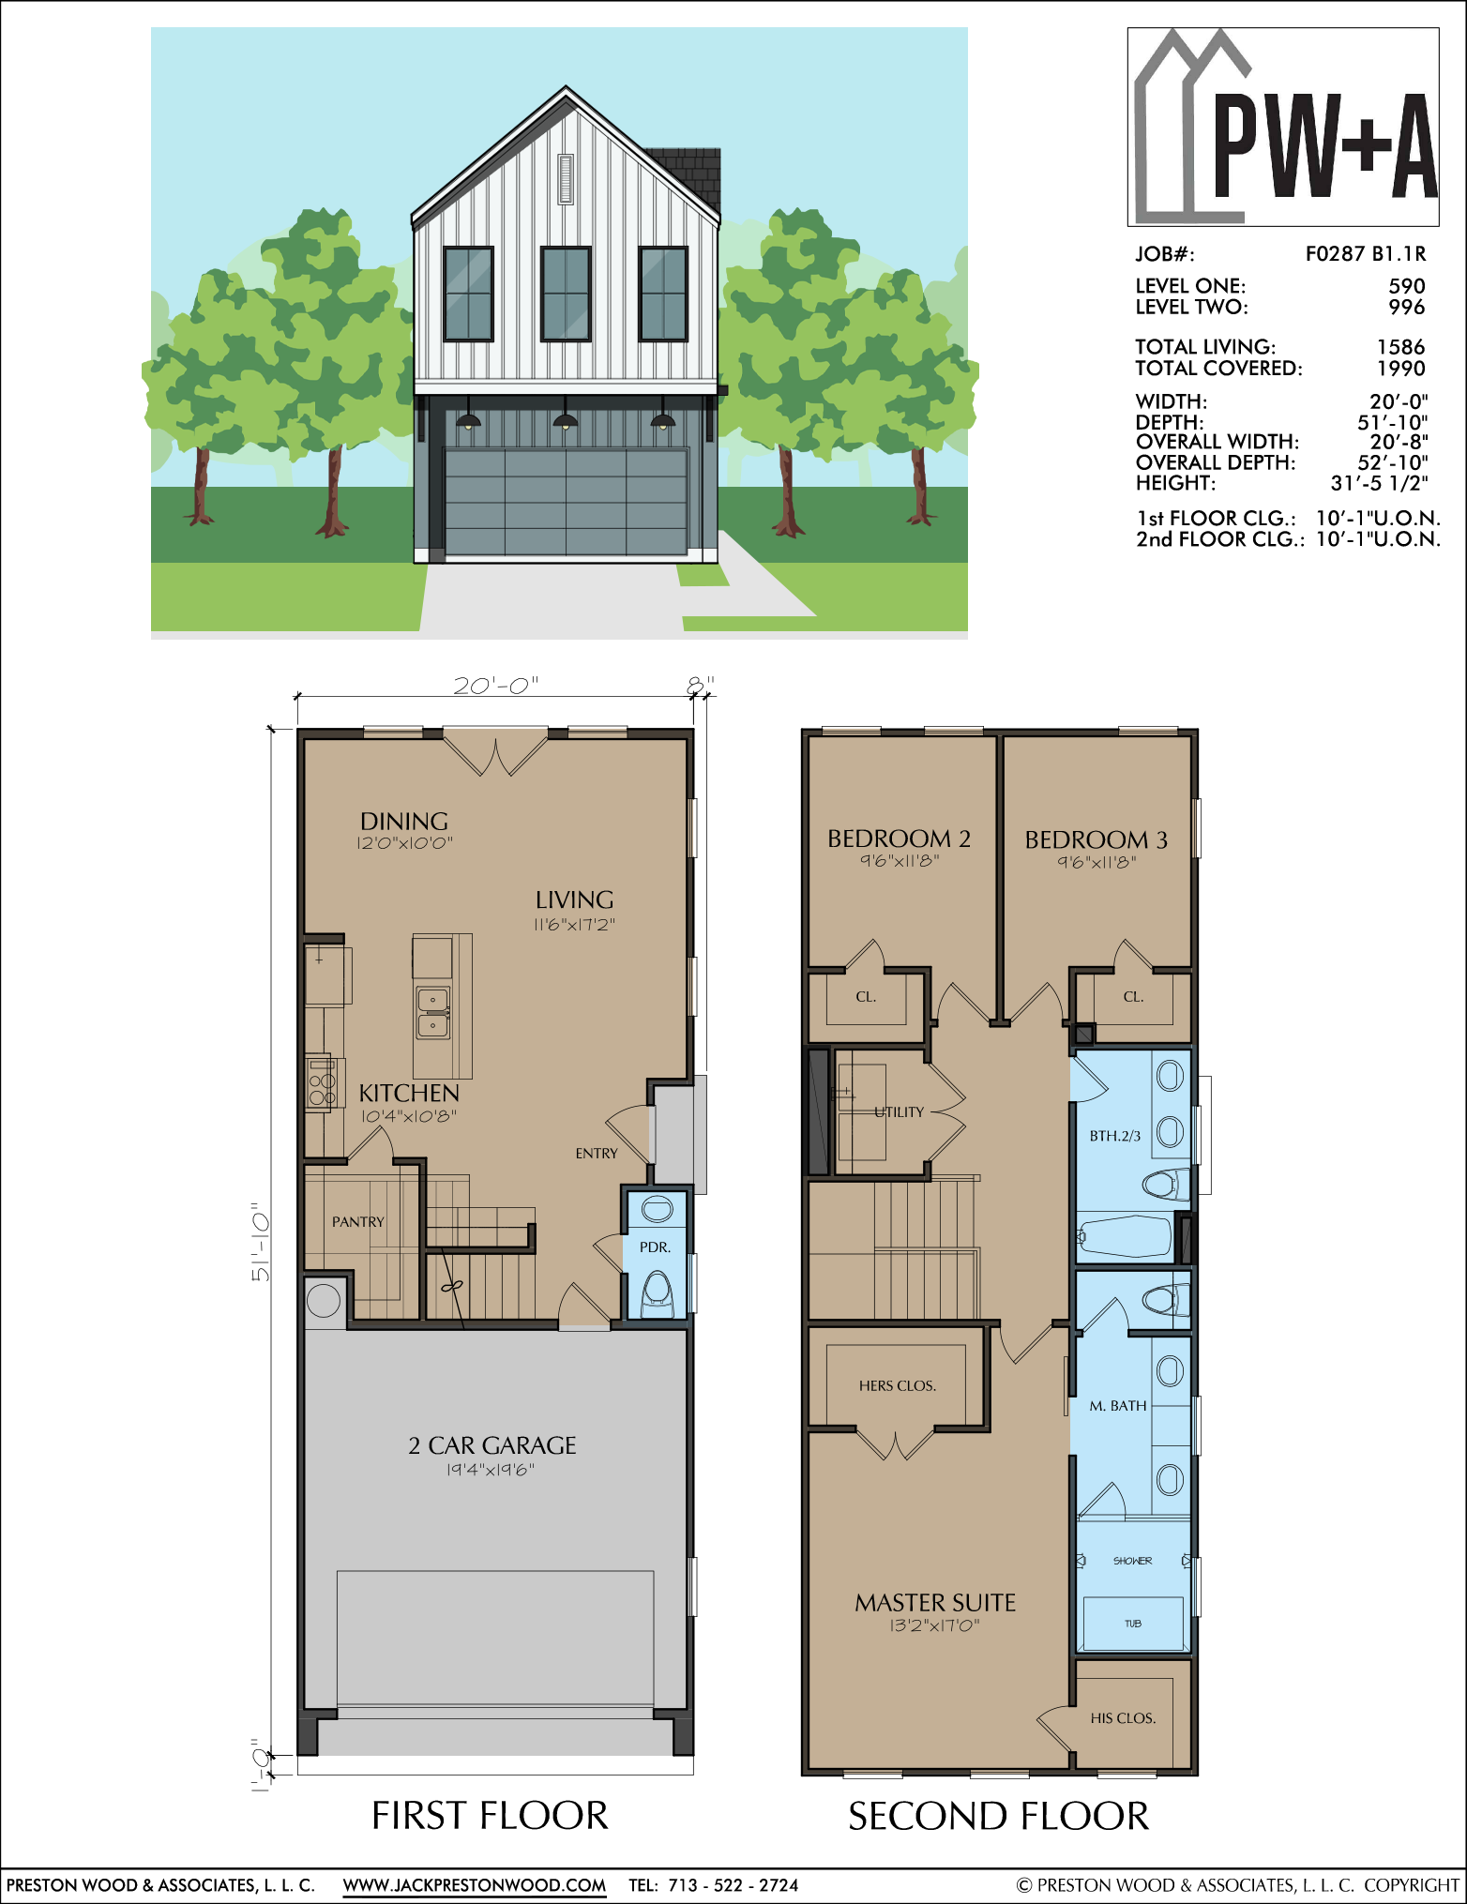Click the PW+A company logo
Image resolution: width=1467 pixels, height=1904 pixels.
(1283, 127)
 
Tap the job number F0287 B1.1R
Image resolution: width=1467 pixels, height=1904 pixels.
(1366, 253)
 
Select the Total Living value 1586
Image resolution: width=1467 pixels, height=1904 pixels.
(1400, 347)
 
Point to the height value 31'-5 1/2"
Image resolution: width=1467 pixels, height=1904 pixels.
(1379, 483)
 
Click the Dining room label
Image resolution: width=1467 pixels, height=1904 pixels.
(404, 821)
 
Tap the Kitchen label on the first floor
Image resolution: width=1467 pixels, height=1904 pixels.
(409, 1093)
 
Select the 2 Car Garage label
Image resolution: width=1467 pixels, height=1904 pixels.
(492, 1445)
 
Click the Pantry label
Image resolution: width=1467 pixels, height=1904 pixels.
(358, 1222)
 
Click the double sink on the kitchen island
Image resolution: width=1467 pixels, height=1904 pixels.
(432, 1013)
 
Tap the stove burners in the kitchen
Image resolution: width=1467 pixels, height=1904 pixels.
(321, 1083)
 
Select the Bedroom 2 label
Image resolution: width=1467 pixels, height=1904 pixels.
(899, 839)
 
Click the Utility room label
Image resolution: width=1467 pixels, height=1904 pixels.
(899, 1112)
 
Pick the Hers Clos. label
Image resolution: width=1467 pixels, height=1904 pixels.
(898, 1385)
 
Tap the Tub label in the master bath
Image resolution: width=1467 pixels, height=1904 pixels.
(1133, 1624)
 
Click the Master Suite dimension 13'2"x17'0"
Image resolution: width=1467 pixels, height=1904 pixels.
(935, 1625)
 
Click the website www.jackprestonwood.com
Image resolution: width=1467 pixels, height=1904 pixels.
(475, 1885)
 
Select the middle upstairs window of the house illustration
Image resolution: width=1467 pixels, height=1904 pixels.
(566, 294)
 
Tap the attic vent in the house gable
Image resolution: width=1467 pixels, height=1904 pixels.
(566, 179)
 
